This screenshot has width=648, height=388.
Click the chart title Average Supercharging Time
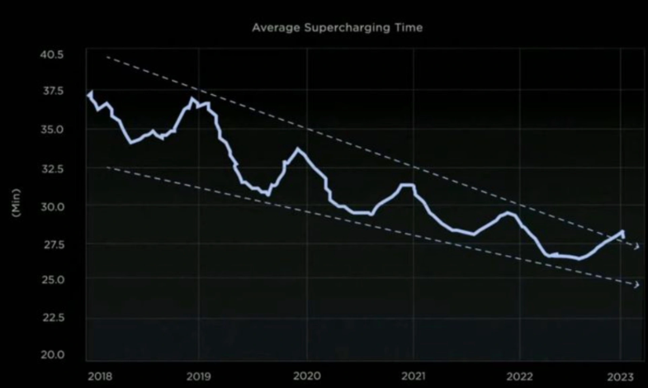pyautogui.click(x=338, y=27)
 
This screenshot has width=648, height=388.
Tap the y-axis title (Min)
pyautogui.click(x=16, y=203)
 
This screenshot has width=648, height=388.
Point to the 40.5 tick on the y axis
pyautogui.click(x=51, y=54)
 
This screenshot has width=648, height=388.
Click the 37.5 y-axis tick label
pyautogui.click(x=51, y=92)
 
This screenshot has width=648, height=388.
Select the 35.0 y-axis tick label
pyautogui.click(x=51, y=130)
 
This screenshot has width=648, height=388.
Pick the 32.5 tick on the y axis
pyautogui.click(x=51, y=168)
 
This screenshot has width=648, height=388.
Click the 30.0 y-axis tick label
pyautogui.click(x=51, y=206)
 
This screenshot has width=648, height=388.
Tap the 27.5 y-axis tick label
pyautogui.click(x=51, y=244)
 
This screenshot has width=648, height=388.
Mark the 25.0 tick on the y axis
pyautogui.click(x=51, y=281)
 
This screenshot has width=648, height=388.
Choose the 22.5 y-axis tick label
pyautogui.click(x=51, y=318)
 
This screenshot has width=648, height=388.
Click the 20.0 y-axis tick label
pyautogui.click(x=51, y=356)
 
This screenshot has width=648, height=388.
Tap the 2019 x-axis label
pyautogui.click(x=200, y=376)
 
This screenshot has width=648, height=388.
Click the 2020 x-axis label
pyautogui.click(x=307, y=376)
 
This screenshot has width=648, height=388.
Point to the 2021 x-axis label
pyautogui.click(x=414, y=376)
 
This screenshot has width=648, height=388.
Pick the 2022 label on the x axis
pyautogui.click(x=520, y=376)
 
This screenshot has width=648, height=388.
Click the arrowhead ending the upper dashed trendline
pyautogui.click(x=636, y=247)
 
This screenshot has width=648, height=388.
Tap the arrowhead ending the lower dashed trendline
pyautogui.click(x=636, y=285)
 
